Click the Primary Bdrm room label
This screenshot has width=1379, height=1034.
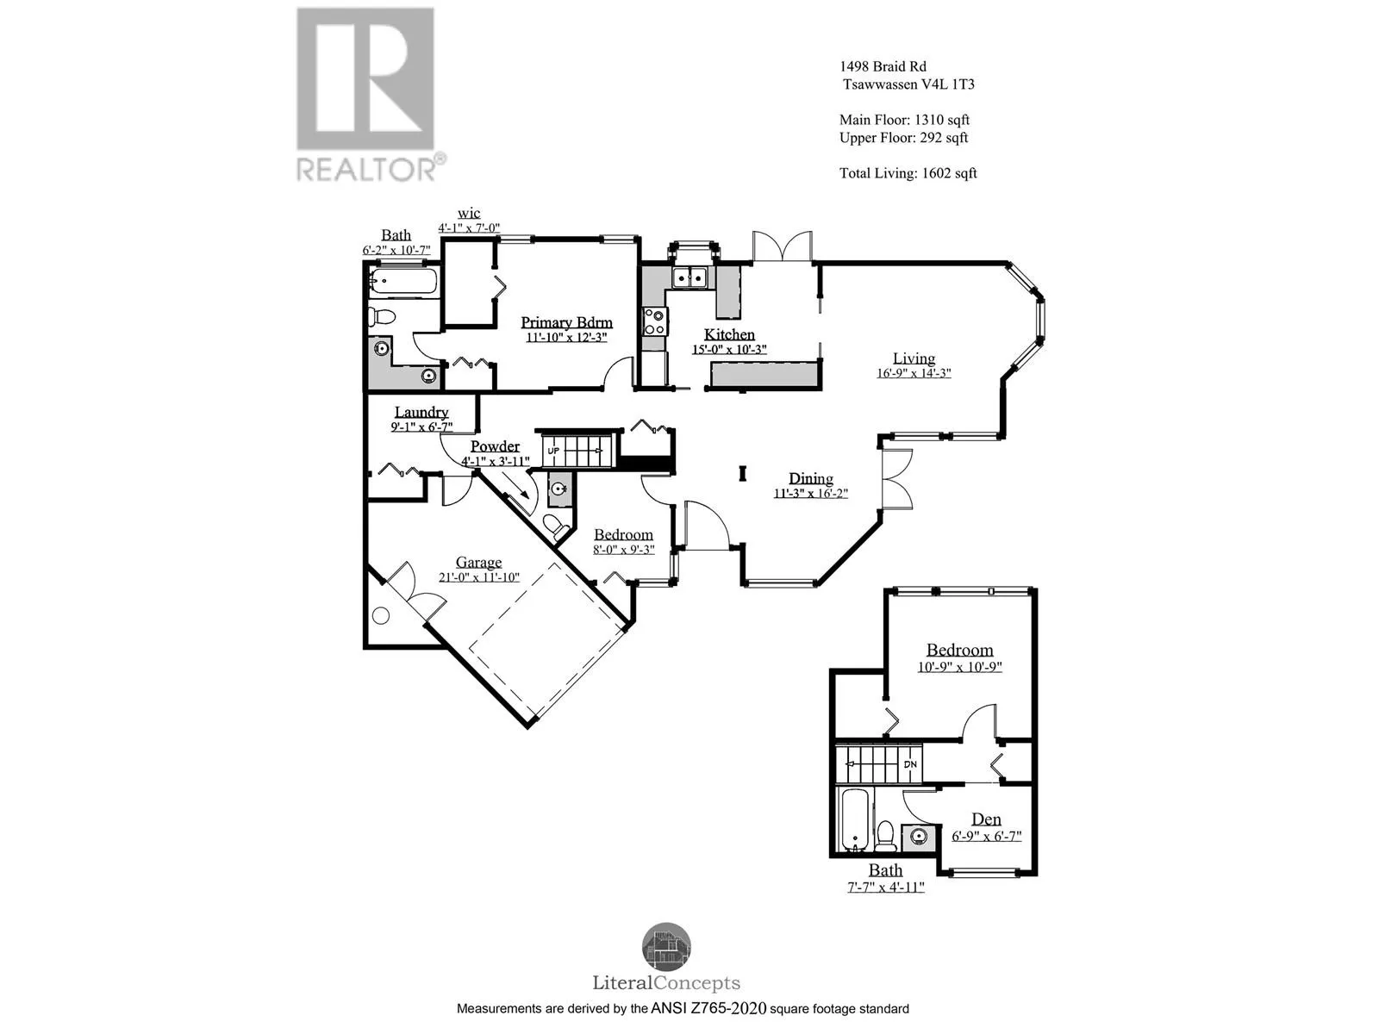tap(566, 322)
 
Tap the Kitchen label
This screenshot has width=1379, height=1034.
tap(729, 334)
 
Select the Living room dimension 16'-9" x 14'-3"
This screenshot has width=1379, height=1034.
tap(914, 373)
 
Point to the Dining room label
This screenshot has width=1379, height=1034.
tap(811, 478)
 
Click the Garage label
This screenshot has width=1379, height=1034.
tap(478, 562)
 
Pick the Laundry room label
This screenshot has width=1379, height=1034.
tap(421, 412)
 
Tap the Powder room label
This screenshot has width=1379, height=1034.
tap(495, 446)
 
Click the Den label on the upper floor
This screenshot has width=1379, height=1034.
tap(986, 819)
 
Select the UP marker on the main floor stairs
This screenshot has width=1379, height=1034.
tap(553, 451)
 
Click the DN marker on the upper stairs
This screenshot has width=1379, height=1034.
tap(910, 764)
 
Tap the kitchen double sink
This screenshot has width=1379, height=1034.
tap(689, 277)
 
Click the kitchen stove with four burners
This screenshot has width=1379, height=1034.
tap(655, 321)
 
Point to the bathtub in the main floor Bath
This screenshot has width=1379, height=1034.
tap(403, 282)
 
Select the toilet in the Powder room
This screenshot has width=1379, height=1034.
tap(556, 524)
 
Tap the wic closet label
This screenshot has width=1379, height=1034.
tap(469, 214)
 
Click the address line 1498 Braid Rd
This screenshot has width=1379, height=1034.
tap(883, 66)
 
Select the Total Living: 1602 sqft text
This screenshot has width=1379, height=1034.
tap(908, 173)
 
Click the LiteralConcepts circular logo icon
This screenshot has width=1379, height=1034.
tap(666, 946)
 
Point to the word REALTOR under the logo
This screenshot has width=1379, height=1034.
tap(366, 167)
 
